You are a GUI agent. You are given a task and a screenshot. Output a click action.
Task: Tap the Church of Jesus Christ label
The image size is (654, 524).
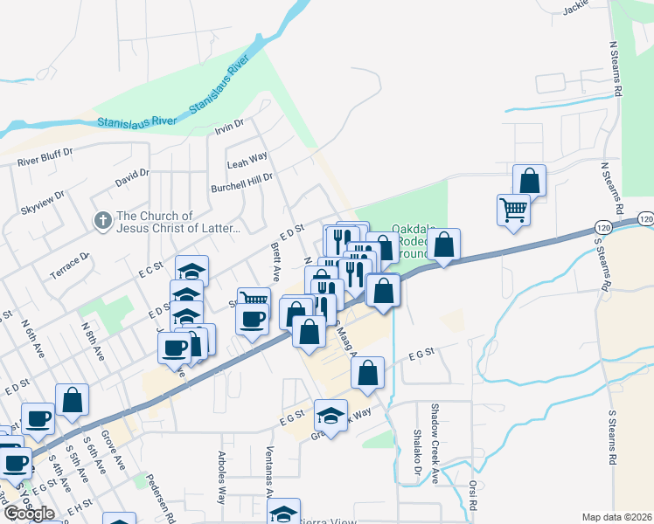[x=177, y=223]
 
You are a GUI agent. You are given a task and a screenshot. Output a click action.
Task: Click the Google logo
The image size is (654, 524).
[x=29, y=514]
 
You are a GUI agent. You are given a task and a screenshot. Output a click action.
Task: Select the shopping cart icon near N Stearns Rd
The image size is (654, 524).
[x=513, y=209]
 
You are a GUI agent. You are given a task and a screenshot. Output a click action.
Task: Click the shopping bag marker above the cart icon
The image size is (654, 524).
[x=529, y=180]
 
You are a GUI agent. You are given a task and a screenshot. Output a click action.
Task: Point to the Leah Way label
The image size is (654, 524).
[x=247, y=162]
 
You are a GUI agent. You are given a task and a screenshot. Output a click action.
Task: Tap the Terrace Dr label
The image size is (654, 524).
[x=70, y=265]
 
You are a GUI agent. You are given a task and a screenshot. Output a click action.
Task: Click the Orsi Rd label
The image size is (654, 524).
[x=472, y=493]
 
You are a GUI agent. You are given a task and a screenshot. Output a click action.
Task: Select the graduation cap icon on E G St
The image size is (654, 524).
[x=330, y=416]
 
